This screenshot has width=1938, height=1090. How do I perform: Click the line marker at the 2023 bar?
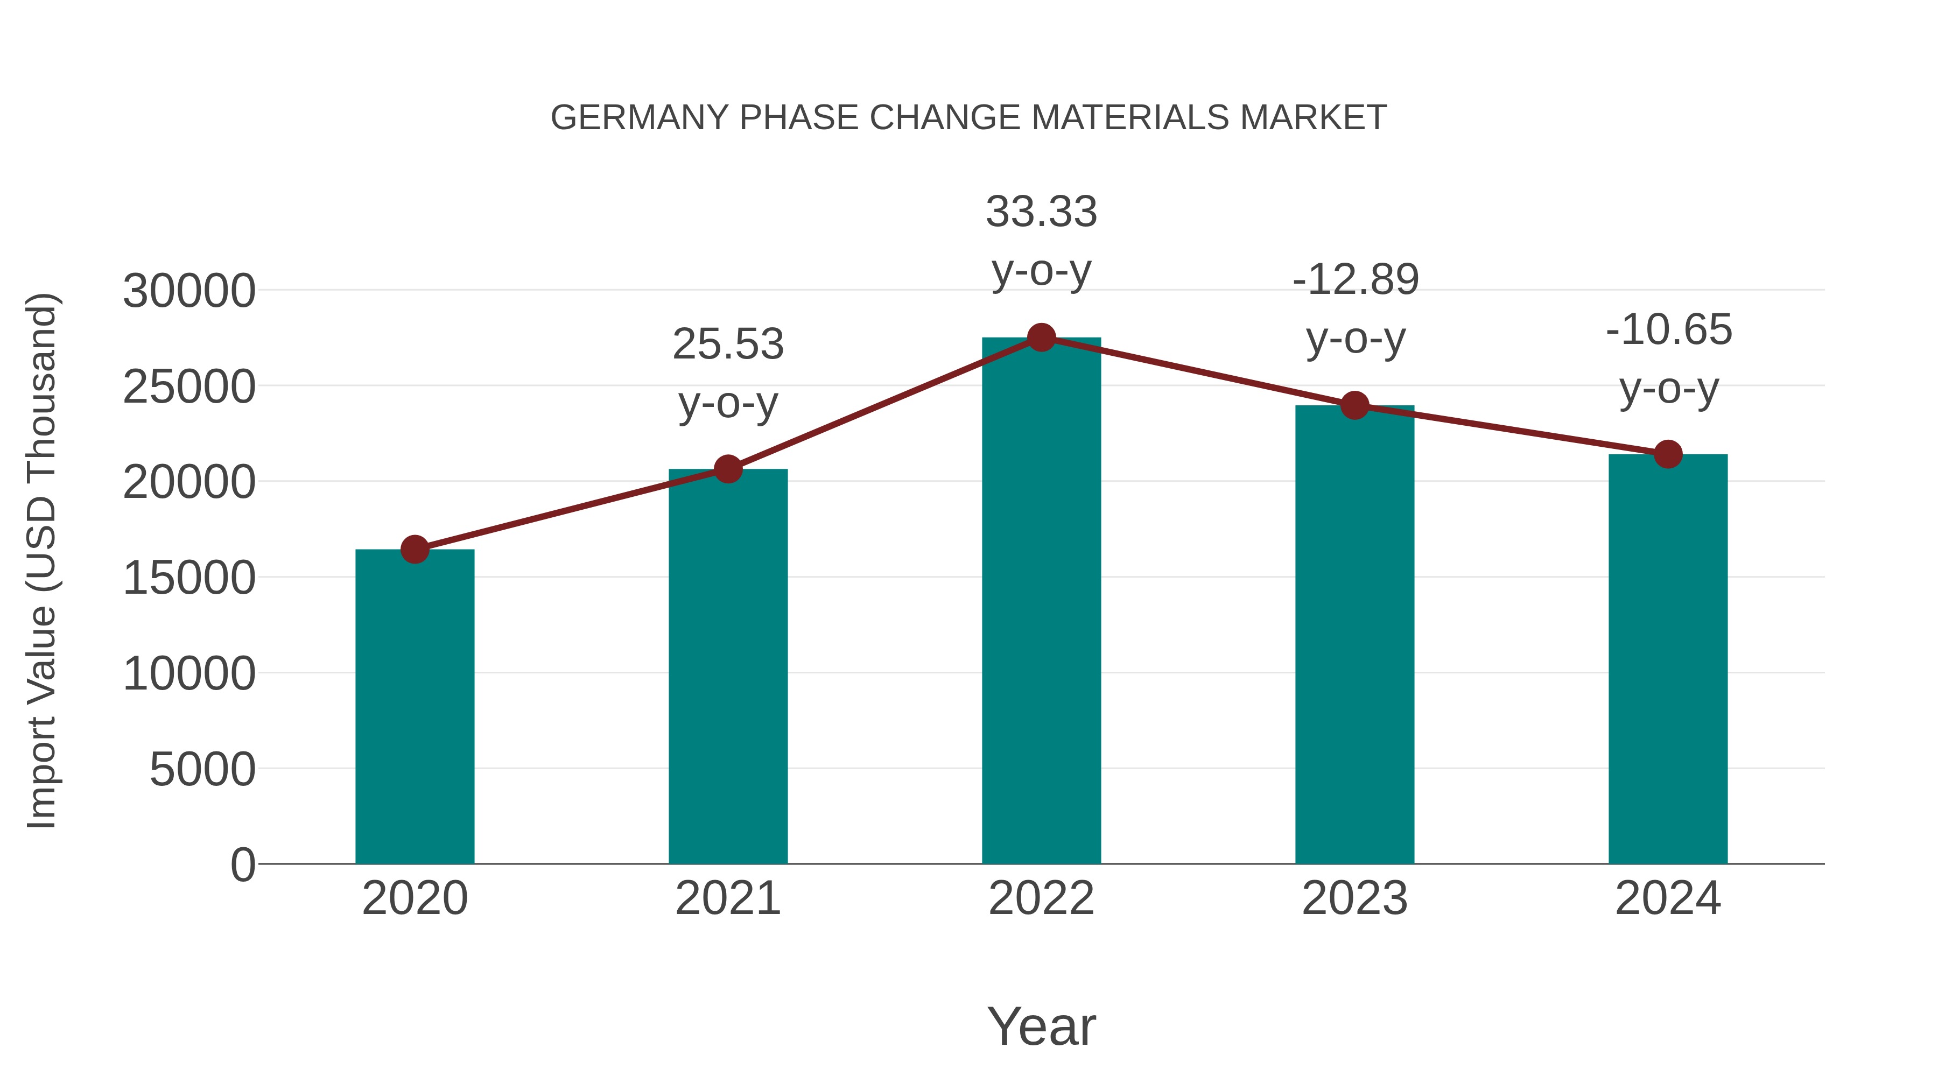coord(1354,405)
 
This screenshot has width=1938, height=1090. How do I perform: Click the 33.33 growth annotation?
coord(1041,212)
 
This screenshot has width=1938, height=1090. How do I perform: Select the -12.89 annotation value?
coord(1355,280)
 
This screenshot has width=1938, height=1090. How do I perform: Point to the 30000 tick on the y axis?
coord(189,291)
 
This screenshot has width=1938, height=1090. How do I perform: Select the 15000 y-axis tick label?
coord(189,579)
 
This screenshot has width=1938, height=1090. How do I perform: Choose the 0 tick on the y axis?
coord(242,865)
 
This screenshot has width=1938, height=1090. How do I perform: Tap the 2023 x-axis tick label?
coord(1354,898)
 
